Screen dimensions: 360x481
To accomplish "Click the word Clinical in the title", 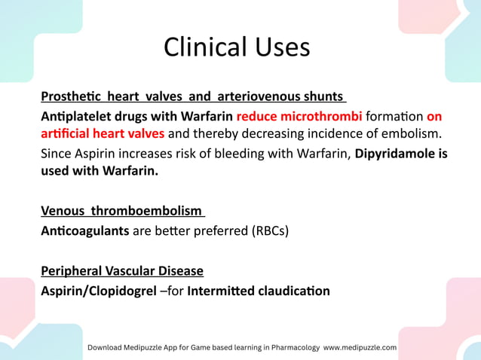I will [x=196, y=47].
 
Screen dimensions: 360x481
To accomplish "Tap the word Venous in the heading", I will [x=62, y=212].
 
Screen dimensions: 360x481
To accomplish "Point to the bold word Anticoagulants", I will [x=85, y=230].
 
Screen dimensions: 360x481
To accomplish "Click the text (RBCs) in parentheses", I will [x=270, y=230].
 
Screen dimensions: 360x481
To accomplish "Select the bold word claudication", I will [x=295, y=290].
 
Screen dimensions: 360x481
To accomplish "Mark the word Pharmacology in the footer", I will [x=289, y=347].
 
